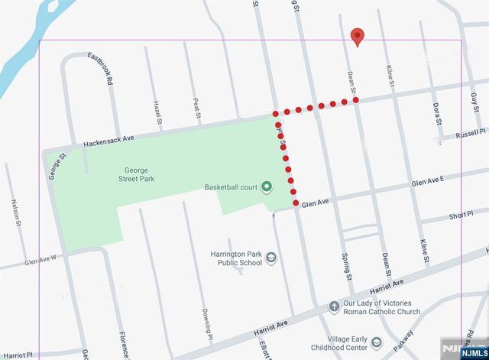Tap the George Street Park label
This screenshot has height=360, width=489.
coord(137,178)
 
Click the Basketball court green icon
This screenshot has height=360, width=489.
coord(266,186)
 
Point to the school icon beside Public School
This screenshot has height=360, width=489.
coord(270,260)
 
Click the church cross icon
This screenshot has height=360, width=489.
coord(333,306)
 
